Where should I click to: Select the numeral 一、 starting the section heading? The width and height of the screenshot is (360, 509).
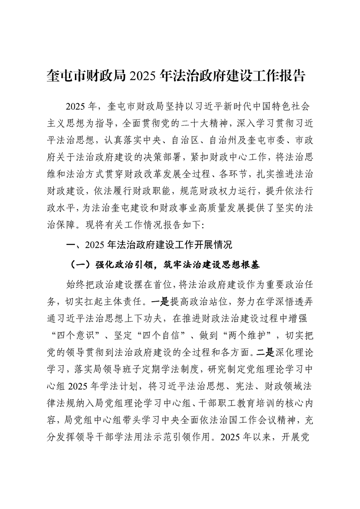[71, 245]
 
